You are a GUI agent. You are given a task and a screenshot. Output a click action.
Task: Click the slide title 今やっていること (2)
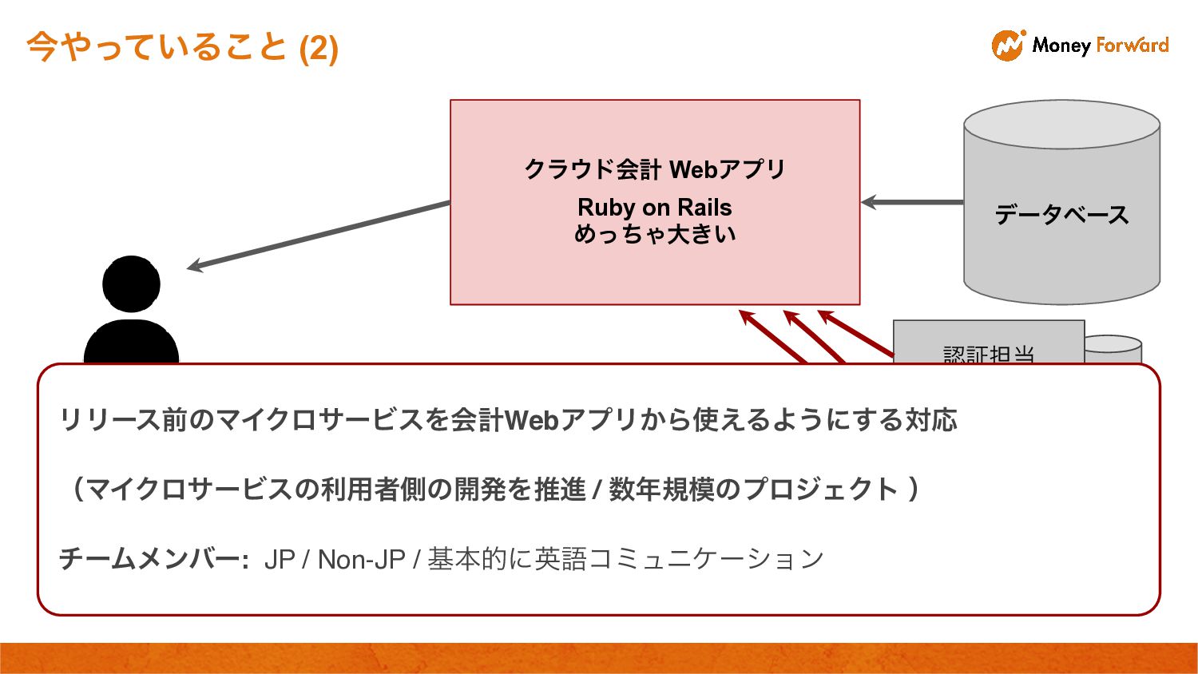point(182,47)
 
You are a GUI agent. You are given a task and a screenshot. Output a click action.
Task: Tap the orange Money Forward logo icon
point(1008,46)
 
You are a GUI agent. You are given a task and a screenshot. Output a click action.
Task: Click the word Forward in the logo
point(1132,46)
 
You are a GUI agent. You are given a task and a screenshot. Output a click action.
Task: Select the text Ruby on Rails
point(654,208)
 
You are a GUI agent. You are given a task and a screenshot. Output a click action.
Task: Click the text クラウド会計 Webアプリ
point(654,169)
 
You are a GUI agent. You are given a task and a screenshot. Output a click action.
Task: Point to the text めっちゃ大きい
point(654,234)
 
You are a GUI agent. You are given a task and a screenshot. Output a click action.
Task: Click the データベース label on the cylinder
point(1061,214)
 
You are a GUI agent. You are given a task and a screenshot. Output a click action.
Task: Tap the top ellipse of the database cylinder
point(1061,125)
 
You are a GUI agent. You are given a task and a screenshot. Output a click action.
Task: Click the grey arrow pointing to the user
point(319,236)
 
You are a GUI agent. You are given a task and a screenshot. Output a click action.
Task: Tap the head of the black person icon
point(131,283)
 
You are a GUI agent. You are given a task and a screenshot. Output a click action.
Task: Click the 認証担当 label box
point(988,348)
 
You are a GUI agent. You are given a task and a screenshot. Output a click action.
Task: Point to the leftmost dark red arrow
point(770,335)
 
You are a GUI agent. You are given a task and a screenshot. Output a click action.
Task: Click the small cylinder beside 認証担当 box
point(1113,348)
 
